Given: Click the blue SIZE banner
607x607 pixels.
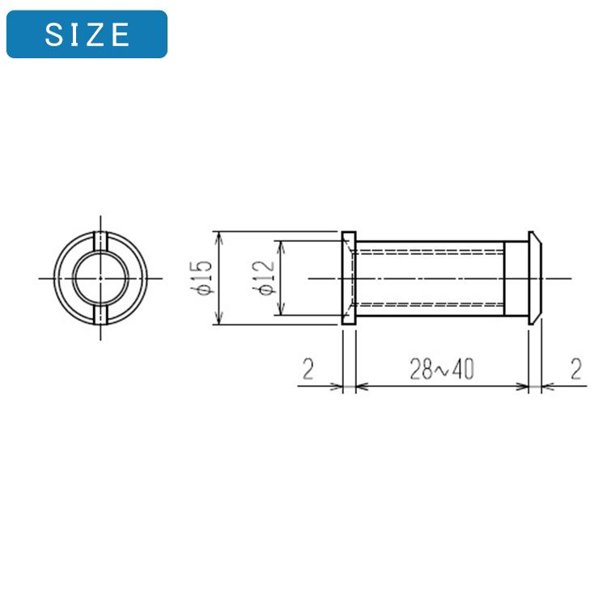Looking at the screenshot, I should coord(87,34).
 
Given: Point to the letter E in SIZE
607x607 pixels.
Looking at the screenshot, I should coord(120,34).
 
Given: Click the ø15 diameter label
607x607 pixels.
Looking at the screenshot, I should coord(202,278).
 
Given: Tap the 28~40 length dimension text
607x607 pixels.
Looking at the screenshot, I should coord(441,369).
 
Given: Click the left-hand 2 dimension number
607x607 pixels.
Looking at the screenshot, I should coord(308,369).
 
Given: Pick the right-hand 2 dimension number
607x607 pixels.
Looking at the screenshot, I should coord(575,369).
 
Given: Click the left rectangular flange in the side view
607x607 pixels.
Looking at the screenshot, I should coord(348,278).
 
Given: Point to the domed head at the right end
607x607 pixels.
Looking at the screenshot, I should coord(535,278).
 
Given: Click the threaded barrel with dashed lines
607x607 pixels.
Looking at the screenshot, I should coord(429,278).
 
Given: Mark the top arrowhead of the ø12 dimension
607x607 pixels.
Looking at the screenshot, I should coord(280,245).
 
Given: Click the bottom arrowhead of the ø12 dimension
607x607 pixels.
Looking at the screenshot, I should coord(280,311).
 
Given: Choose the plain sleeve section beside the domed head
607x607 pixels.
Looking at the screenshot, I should coord(516,278).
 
